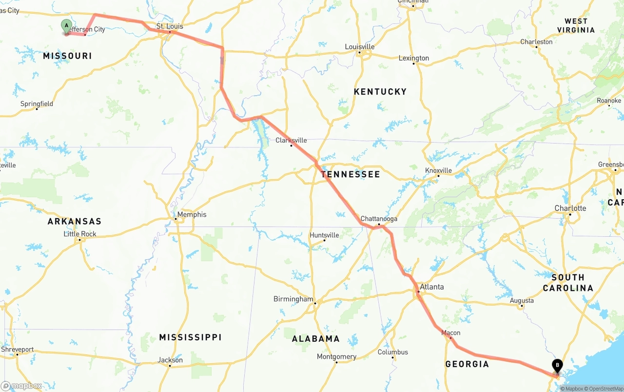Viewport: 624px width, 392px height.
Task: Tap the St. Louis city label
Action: (x=170, y=26)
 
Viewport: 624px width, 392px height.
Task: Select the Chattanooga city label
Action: (x=379, y=219)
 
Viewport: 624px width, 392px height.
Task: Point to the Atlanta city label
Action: (x=432, y=287)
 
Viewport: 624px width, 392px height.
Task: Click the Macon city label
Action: (x=450, y=333)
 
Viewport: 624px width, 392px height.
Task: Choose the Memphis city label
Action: (x=192, y=214)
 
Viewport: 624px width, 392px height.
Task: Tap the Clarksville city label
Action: (x=291, y=140)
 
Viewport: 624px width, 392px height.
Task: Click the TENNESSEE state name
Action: (x=350, y=174)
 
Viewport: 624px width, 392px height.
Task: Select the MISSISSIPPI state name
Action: (x=190, y=337)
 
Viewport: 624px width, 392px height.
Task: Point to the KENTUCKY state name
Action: (x=380, y=92)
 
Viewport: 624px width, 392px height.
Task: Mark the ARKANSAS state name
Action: (x=74, y=222)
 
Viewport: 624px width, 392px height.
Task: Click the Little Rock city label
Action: (x=80, y=234)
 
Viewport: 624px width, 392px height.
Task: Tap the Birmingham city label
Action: (x=293, y=299)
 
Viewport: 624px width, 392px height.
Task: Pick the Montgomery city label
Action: (x=336, y=356)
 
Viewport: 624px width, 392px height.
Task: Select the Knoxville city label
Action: (x=438, y=170)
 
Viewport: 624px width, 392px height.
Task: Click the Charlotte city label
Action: (x=570, y=208)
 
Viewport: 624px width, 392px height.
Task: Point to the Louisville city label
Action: (x=360, y=46)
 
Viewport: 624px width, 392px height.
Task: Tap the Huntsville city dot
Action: (x=325, y=240)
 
